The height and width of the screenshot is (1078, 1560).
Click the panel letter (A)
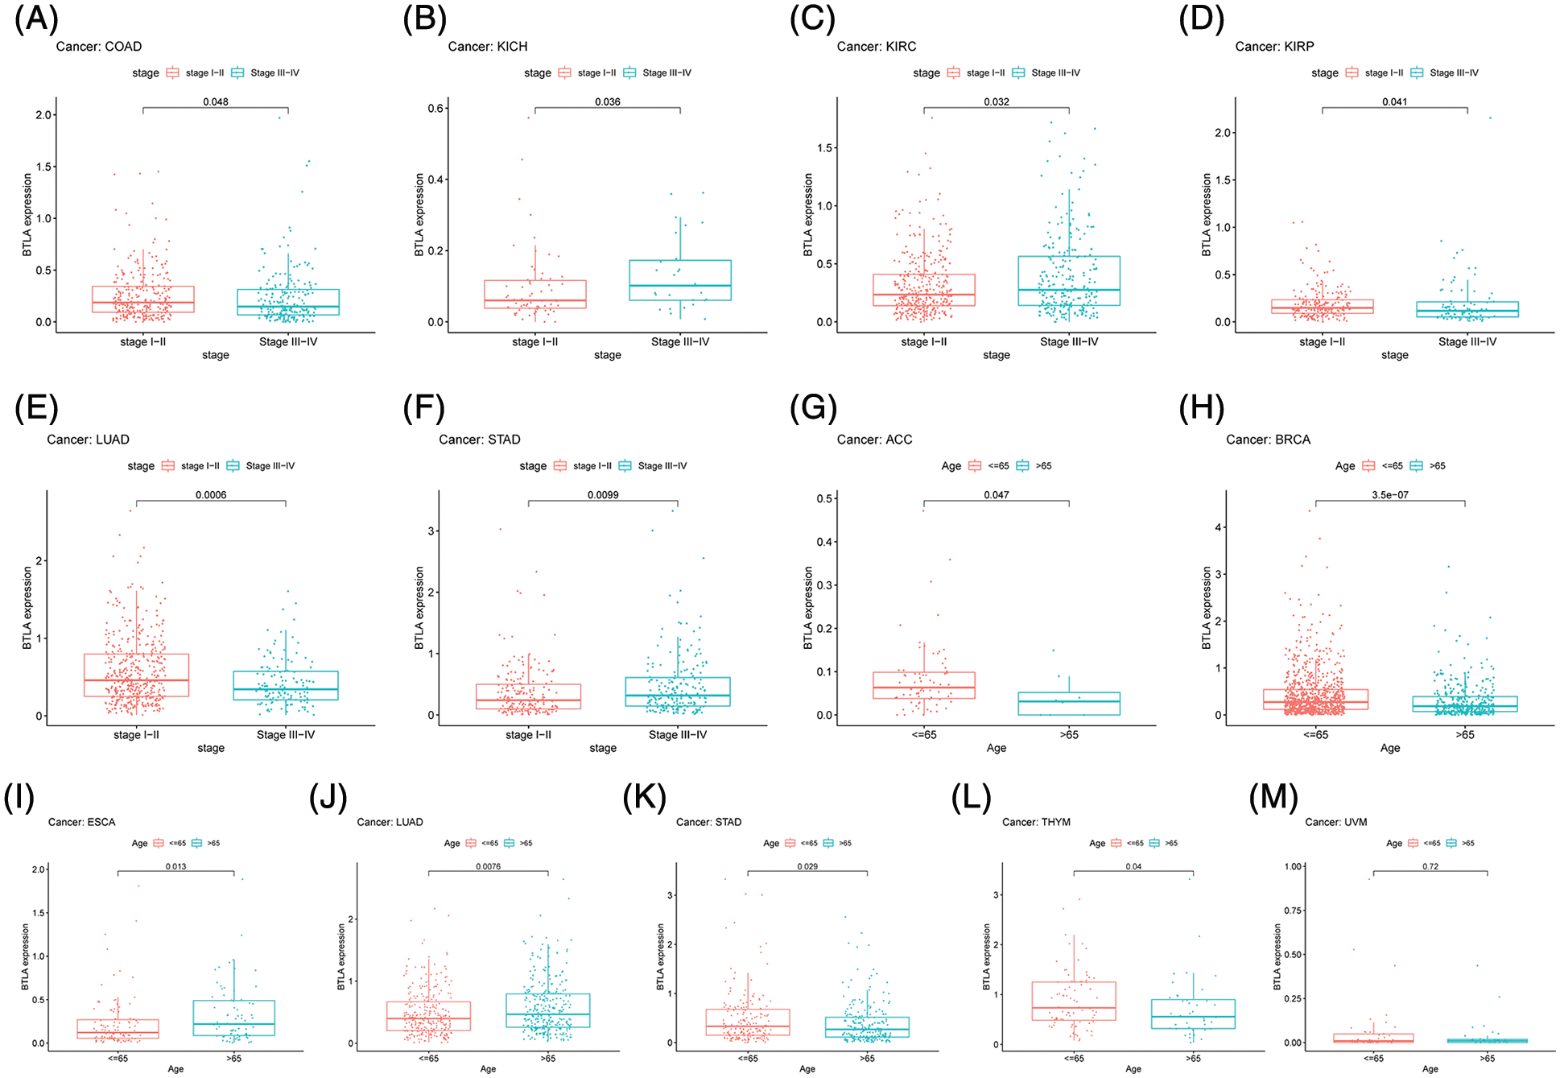[x=36, y=18]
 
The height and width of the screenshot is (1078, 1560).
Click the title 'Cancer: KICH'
[x=488, y=47]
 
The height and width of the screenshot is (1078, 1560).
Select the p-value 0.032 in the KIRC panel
[x=996, y=101]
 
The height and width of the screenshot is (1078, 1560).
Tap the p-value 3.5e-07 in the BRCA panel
[x=1390, y=494]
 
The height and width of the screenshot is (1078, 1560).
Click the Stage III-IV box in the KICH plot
[x=680, y=280]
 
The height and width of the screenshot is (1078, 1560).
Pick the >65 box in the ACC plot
[x=1069, y=703]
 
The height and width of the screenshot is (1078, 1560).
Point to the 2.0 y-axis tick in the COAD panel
[x=43, y=115]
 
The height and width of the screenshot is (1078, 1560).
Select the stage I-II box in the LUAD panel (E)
[x=137, y=675]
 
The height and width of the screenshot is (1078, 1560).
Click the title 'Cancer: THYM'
[x=1036, y=822]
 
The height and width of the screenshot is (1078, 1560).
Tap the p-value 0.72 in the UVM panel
[x=1430, y=866]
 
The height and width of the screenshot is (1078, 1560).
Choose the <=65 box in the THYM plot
[x=1074, y=1001]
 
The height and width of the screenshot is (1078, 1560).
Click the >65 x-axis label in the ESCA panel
[x=233, y=1058]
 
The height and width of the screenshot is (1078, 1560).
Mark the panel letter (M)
[x=1273, y=797]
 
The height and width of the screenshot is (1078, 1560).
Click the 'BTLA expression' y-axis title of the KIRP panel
[x=1206, y=215]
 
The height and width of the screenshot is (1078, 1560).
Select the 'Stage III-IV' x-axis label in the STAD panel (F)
[x=678, y=734]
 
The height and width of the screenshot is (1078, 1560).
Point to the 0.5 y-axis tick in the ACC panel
[x=824, y=498]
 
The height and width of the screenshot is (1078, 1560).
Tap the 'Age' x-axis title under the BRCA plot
[x=1390, y=748]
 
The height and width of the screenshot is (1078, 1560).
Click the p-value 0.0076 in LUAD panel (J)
[x=488, y=866]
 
